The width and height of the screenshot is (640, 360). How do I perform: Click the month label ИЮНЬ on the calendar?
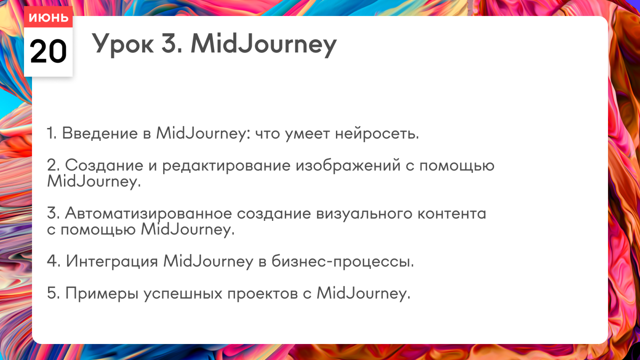coord(48,18)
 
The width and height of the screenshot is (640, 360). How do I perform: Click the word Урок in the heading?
coord(122,44)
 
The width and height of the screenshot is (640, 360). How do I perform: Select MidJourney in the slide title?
coord(264,44)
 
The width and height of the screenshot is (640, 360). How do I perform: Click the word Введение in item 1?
coord(100,133)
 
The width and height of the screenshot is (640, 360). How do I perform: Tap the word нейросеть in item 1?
coord(377,134)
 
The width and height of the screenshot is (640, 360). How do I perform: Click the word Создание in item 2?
coord(104,166)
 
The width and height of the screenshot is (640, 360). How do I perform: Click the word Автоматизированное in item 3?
coord(148,214)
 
